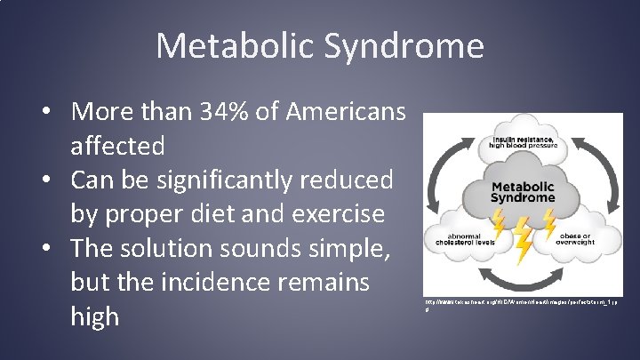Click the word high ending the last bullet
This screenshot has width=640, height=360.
[x=95, y=317]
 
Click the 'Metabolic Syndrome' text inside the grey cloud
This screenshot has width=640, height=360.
[x=524, y=191]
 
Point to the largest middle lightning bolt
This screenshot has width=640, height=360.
[x=524, y=238]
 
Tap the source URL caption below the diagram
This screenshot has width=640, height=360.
[x=520, y=306]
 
